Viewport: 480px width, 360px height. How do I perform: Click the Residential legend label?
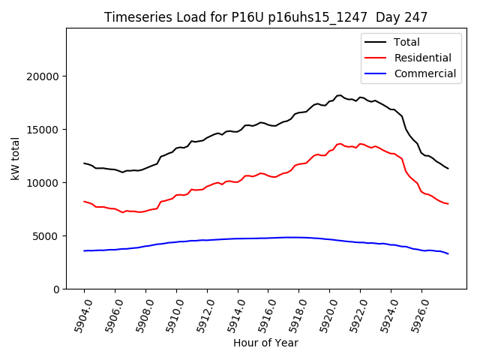[422, 58]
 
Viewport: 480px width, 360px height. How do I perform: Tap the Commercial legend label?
[425, 73]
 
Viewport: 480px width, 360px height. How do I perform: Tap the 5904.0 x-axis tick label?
[79, 315]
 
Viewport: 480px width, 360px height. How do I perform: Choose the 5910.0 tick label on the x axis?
[172, 315]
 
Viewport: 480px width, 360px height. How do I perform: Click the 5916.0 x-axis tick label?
[263, 315]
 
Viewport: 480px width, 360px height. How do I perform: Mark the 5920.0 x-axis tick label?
[325, 315]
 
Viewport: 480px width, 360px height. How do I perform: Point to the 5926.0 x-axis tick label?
[417, 315]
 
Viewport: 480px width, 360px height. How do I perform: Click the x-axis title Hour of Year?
[265, 343]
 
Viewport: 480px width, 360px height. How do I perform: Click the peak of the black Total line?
[340, 95]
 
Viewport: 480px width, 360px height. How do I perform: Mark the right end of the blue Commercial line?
[448, 253]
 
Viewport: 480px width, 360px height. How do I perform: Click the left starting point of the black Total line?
[84, 163]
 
